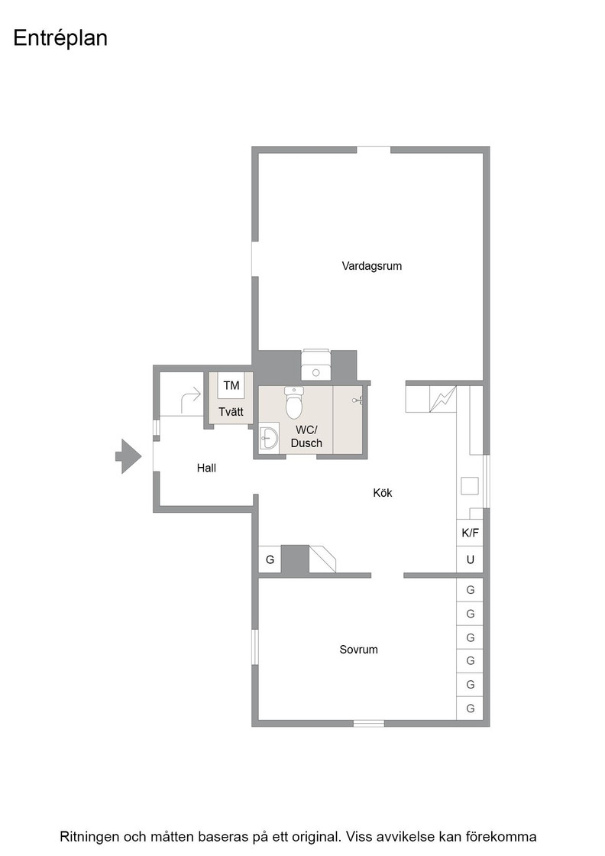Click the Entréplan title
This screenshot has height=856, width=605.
click(x=60, y=38)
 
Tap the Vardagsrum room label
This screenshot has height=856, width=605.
click(x=371, y=267)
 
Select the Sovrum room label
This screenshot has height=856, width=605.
click(x=358, y=650)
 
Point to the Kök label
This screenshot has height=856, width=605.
click(x=383, y=493)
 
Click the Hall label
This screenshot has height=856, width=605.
click(x=206, y=468)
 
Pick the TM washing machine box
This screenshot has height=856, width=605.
click(x=231, y=385)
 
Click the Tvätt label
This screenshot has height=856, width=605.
click(x=231, y=412)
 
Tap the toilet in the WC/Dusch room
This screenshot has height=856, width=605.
click(x=293, y=402)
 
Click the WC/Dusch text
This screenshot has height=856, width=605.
click(x=306, y=436)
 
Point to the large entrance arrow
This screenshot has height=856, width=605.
click(x=128, y=456)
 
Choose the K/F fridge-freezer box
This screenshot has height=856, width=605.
click(x=470, y=533)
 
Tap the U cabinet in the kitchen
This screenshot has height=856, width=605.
click(x=470, y=559)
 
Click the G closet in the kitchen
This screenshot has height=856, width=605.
click(x=270, y=559)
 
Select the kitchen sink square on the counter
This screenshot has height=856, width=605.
click(x=470, y=486)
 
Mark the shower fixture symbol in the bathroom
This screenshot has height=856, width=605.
click(x=358, y=400)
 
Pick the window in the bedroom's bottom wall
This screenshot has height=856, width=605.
click(x=369, y=724)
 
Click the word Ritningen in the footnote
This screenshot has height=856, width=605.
click(x=89, y=837)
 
